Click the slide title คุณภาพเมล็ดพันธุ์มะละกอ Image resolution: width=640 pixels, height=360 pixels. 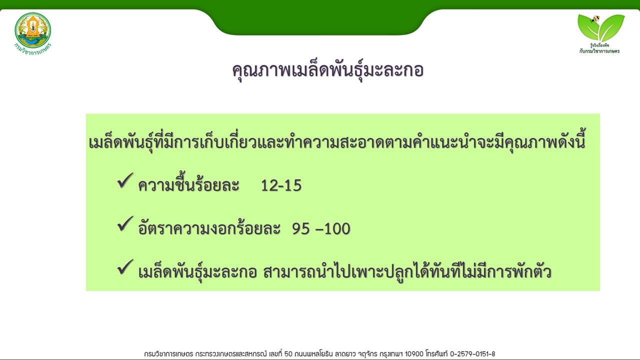click(327, 70)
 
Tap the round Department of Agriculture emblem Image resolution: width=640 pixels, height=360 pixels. click(33, 30)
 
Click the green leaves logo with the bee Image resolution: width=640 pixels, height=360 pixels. click(601, 27)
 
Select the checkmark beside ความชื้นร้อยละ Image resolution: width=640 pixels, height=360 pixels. click(125, 180)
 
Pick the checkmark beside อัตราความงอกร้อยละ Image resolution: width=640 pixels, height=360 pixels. click(125, 223)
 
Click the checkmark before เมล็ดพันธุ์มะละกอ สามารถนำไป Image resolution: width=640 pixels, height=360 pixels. click(125, 267)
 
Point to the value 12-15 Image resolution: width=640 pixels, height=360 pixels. click(281, 185)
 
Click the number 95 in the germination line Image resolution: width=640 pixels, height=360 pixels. click(301, 229)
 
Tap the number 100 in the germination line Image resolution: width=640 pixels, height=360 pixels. click(337, 229)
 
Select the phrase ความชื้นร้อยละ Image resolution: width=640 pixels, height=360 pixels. click(188, 184)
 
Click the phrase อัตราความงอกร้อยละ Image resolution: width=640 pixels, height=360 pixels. click(209, 227)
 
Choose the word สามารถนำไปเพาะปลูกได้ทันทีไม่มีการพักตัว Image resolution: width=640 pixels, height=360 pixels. click(407, 271)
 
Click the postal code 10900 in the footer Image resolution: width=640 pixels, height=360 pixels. click(414, 354)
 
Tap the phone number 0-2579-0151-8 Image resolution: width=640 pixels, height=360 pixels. click(472, 354)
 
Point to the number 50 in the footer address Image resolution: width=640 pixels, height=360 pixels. click(288, 354)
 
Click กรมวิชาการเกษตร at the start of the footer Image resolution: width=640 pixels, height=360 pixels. click(168, 354)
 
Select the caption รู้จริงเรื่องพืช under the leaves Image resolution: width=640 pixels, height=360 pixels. click(599, 45)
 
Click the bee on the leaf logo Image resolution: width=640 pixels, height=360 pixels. click(595, 19)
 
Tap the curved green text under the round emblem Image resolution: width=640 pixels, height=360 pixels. click(33, 49)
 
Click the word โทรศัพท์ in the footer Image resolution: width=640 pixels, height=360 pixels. click(437, 353)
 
